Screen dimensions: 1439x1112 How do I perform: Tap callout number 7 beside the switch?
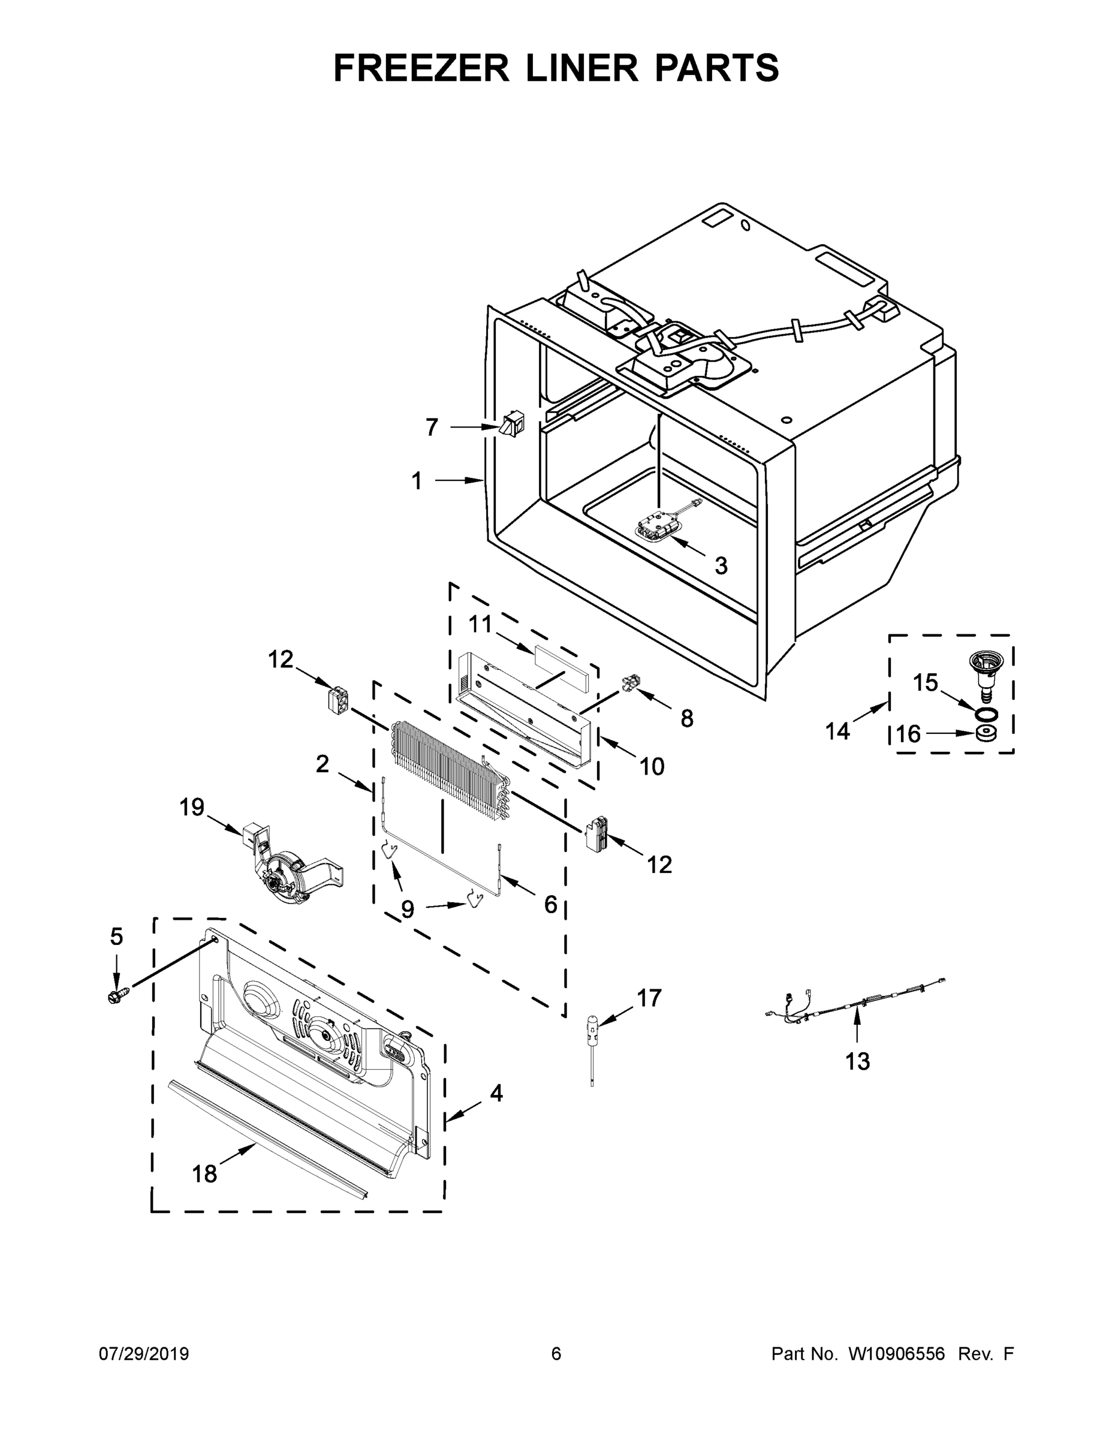(432, 428)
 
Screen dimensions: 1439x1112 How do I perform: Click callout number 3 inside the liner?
(721, 565)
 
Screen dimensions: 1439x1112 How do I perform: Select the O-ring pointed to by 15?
(985, 715)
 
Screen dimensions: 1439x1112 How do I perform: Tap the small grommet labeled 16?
(985, 733)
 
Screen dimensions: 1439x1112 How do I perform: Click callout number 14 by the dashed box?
(838, 731)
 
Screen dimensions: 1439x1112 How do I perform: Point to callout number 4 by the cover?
(496, 1094)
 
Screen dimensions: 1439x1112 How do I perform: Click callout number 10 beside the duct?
(652, 766)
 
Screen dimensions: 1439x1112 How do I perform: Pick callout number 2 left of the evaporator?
(322, 764)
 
